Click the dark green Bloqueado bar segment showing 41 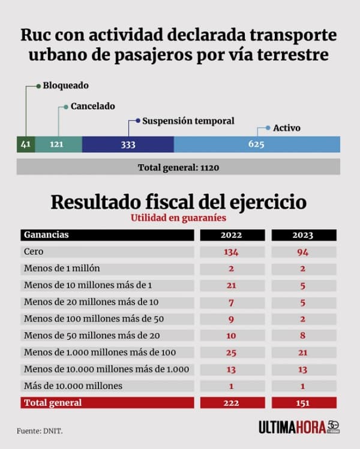(x=25, y=144)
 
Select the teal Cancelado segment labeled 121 (x=58, y=144)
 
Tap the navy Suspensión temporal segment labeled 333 (x=128, y=144)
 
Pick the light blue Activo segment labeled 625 (x=256, y=144)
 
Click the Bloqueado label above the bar (x=65, y=86)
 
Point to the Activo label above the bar (x=286, y=128)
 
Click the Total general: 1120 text (x=178, y=167)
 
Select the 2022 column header (x=231, y=235)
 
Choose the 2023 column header (x=303, y=235)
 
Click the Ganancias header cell (x=46, y=235)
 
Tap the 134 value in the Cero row (x=231, y=252)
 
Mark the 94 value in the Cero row (x=303, y=252)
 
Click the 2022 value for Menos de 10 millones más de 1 (x=231, y=285)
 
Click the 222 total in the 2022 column (x=231, y=403)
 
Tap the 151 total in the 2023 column (x=303, y=403)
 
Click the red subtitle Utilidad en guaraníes (x=178, y=218)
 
